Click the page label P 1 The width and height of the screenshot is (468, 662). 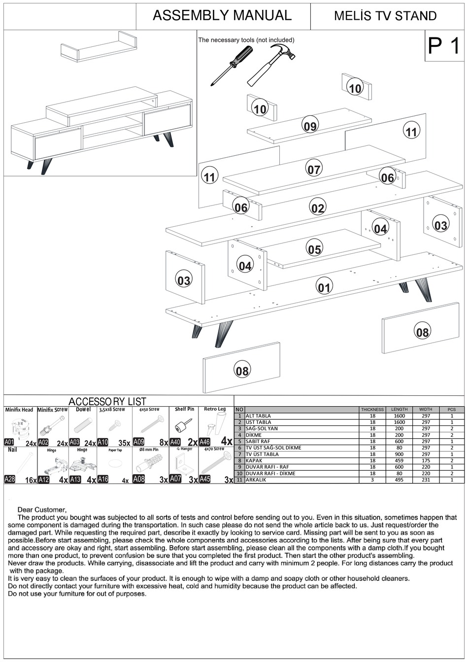444,46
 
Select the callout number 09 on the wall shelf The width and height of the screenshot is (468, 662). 310,126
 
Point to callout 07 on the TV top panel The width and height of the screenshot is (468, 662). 314,169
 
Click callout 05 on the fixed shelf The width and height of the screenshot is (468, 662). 314,249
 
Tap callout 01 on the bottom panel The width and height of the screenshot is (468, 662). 324,286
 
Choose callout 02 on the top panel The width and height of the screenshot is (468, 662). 318,208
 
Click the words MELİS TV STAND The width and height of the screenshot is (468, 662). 385,16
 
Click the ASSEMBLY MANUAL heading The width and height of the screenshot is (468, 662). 222,15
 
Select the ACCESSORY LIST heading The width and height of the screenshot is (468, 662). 107,402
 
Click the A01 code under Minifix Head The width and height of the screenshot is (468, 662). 9,442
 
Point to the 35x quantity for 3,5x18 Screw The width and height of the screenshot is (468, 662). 124,443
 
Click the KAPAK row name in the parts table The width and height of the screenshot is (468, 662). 254,460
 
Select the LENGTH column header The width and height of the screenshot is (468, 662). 399,409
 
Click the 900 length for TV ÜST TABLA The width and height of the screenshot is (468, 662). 399,454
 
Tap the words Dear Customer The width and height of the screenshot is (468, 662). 42,510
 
